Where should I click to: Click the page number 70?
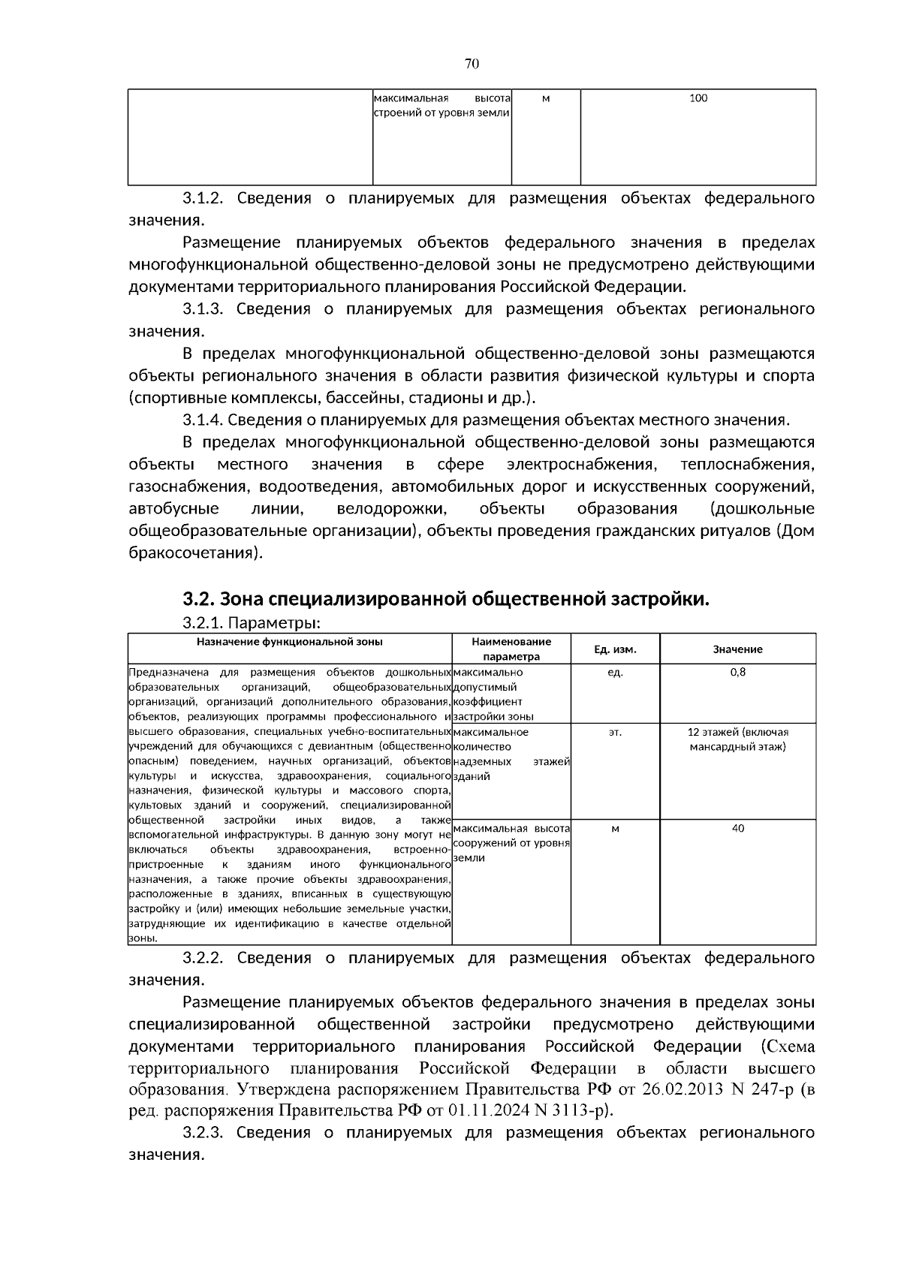472,64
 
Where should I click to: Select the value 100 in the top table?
698,98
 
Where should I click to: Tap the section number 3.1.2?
203,199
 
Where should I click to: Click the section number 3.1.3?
203,309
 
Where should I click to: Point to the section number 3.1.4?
203,420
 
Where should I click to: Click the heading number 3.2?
198,599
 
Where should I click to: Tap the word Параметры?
274,623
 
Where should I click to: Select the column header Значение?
737,649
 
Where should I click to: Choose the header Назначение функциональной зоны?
289,642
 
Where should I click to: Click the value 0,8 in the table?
737,673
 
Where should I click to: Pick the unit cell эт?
615,732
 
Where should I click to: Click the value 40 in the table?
737,829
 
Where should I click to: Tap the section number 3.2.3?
203,1133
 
